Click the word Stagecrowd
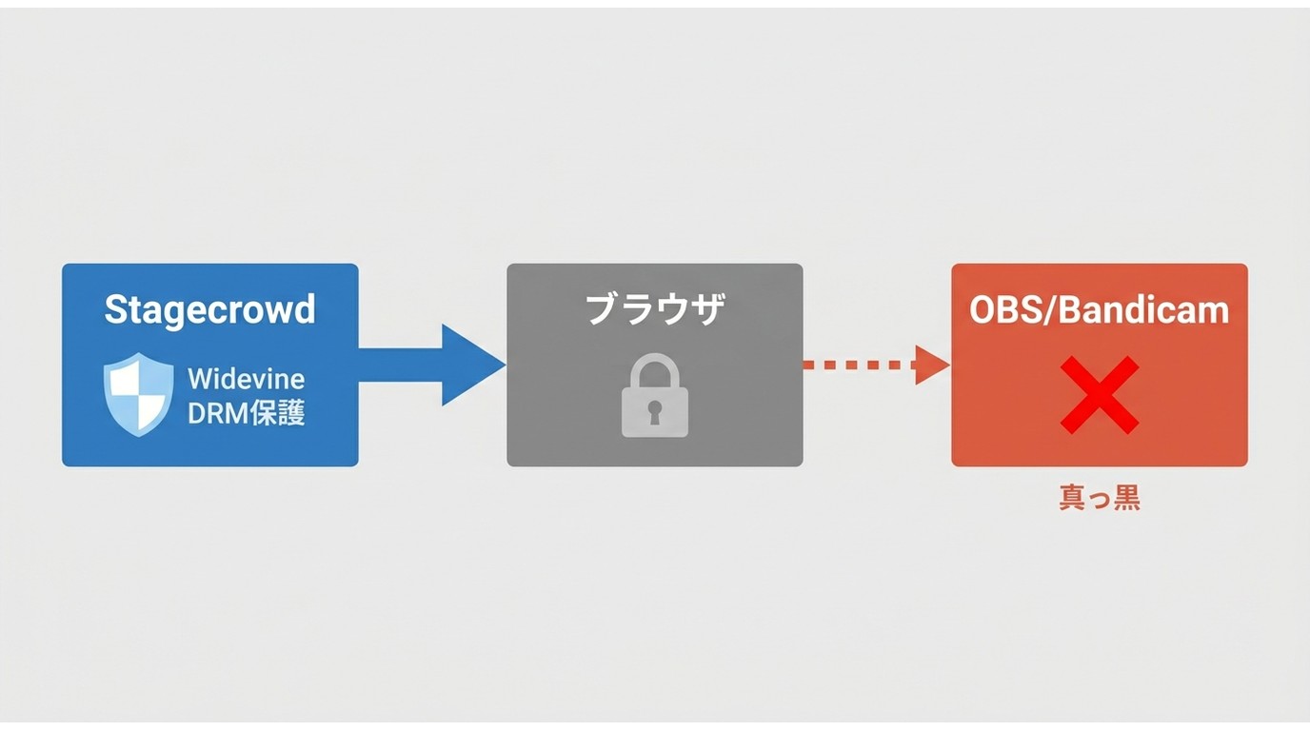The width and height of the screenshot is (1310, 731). tap(210, 309)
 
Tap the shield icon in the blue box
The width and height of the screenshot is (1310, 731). tap(139, 394)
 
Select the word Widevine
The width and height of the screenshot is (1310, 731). tap(247, 380)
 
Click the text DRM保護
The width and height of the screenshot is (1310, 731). tap(247, 413)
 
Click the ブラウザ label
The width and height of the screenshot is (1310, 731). tap(655, 309)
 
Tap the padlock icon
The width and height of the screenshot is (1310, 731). tap(655, 395)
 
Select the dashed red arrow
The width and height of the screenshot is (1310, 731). tap(876, 365)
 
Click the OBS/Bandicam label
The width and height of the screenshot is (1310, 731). tap(1100, 309)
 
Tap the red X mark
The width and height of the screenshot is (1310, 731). tap(1100, 395)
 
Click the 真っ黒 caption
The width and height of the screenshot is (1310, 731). tap(1100, 499)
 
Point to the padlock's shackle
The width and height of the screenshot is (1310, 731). tap(655, 369)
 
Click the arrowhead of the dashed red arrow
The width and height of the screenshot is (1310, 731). tap(932, 365)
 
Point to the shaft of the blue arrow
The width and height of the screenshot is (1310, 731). tap(400, 365)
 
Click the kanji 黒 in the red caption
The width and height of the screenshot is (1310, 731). tap(1127, 499)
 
